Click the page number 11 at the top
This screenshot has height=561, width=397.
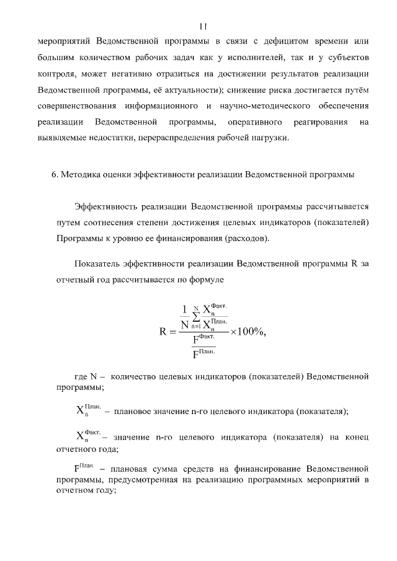click(202, 26)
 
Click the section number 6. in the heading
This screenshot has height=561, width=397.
click(55, 175)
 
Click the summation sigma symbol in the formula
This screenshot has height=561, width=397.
click(195, 317)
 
